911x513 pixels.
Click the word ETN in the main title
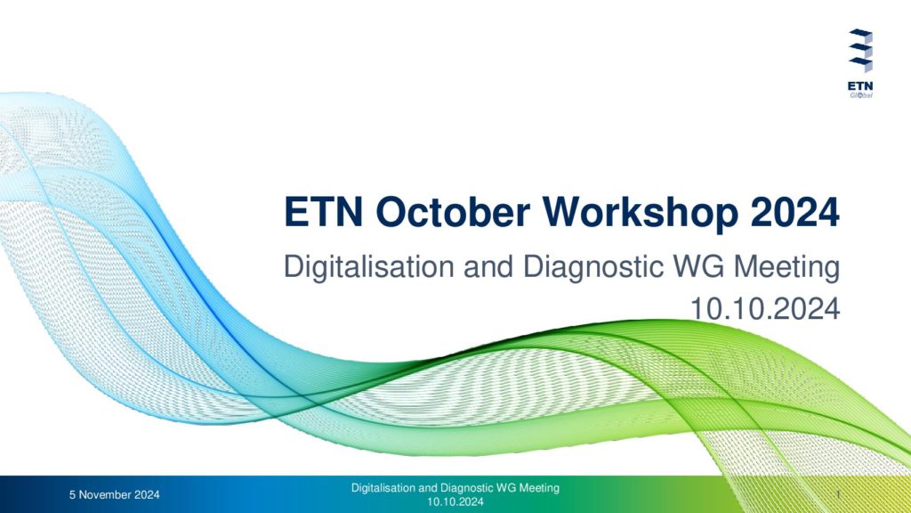[x=323, y=212]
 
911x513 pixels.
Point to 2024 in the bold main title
[x=794, y=212]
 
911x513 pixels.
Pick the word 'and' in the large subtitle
[x=488, y=267]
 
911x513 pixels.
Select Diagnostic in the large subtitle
[x=593, y=267]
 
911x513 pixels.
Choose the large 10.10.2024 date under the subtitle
[x=764, y=308]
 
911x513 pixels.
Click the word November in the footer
[x=105, y=495]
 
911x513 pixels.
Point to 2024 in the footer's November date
[x=147, y=495]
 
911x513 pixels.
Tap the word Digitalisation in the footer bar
[x=383, y=488]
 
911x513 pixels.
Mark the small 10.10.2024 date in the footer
[x=455, y=501]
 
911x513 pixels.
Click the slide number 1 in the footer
[x=838, y=494]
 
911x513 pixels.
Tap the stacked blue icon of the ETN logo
[x=860, y=51]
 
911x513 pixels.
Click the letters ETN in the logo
[x=860, y=86]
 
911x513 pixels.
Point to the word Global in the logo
[x=861, y=95]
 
